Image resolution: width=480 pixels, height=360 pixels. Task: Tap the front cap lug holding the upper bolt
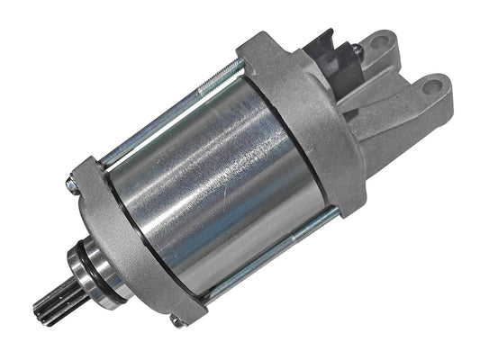tap(81, 175)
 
